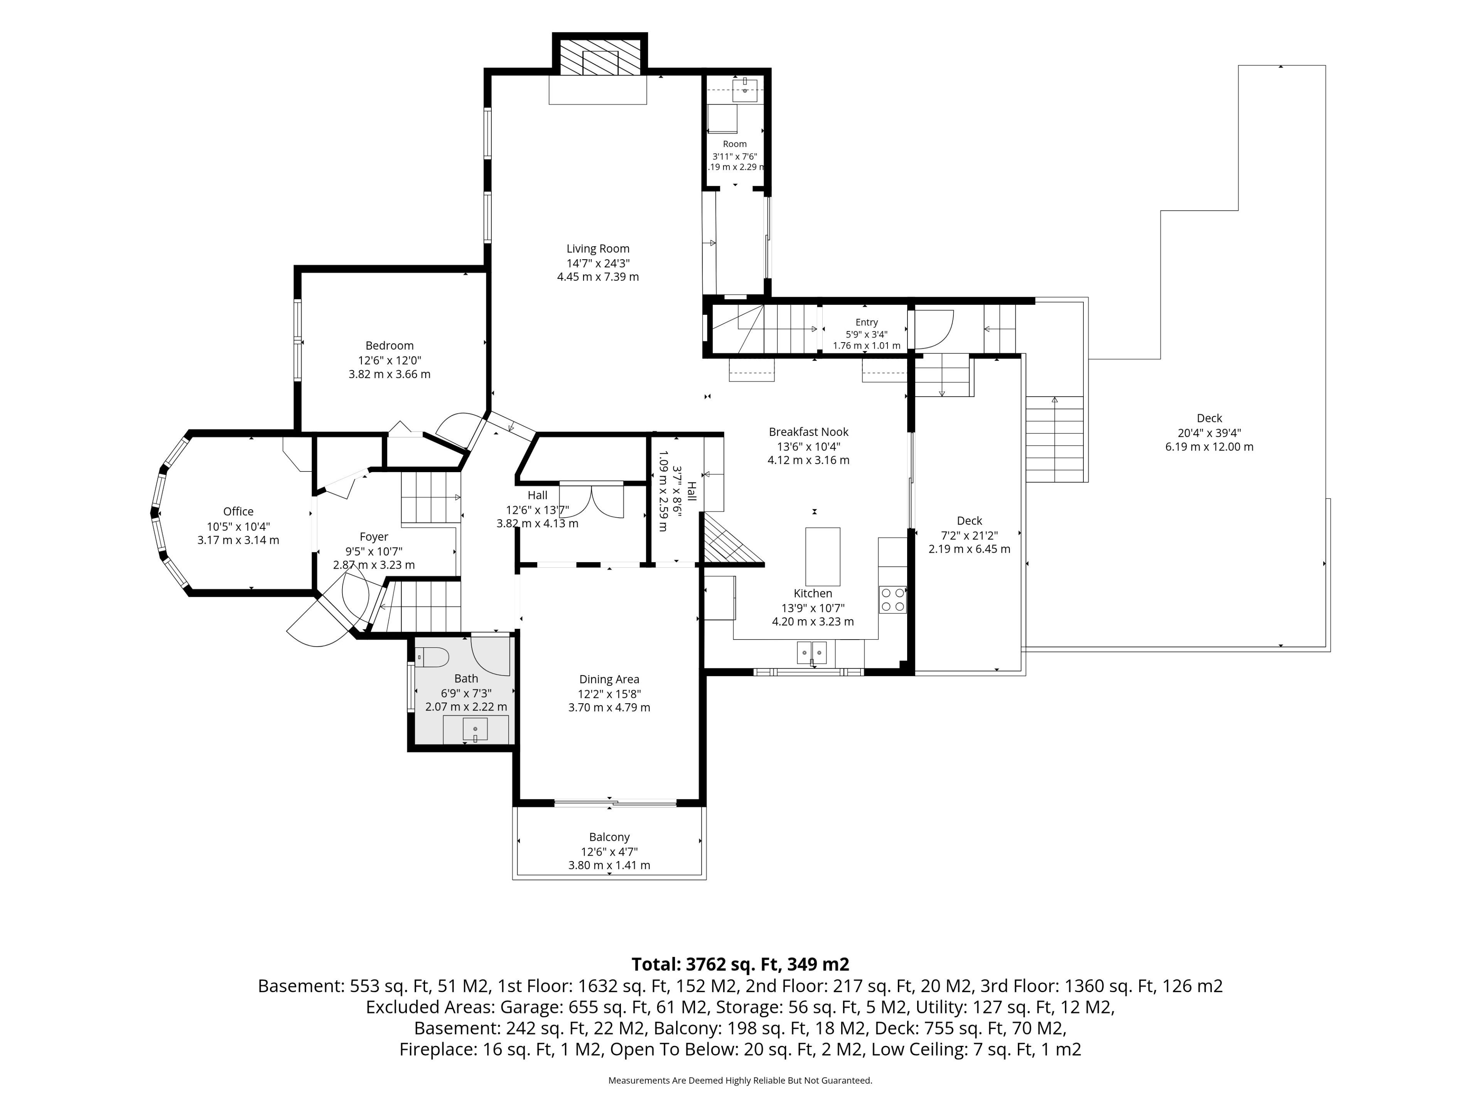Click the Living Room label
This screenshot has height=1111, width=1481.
coord(598,248)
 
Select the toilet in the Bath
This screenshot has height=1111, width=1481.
coord(432,658)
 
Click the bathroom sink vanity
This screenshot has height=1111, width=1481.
coord(476,729)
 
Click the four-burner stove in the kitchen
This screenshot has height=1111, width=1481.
coord(892,599)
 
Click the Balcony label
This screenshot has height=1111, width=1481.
coord(609,837)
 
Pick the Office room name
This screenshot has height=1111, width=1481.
coord(238,512)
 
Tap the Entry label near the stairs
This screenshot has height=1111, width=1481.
coord(866,322)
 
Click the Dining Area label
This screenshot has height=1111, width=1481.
coord(609,679)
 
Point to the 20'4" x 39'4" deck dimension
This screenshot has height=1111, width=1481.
coord(1209,432)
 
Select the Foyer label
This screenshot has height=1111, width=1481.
coord(374,537)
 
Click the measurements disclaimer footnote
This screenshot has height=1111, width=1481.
coord(740,1080)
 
